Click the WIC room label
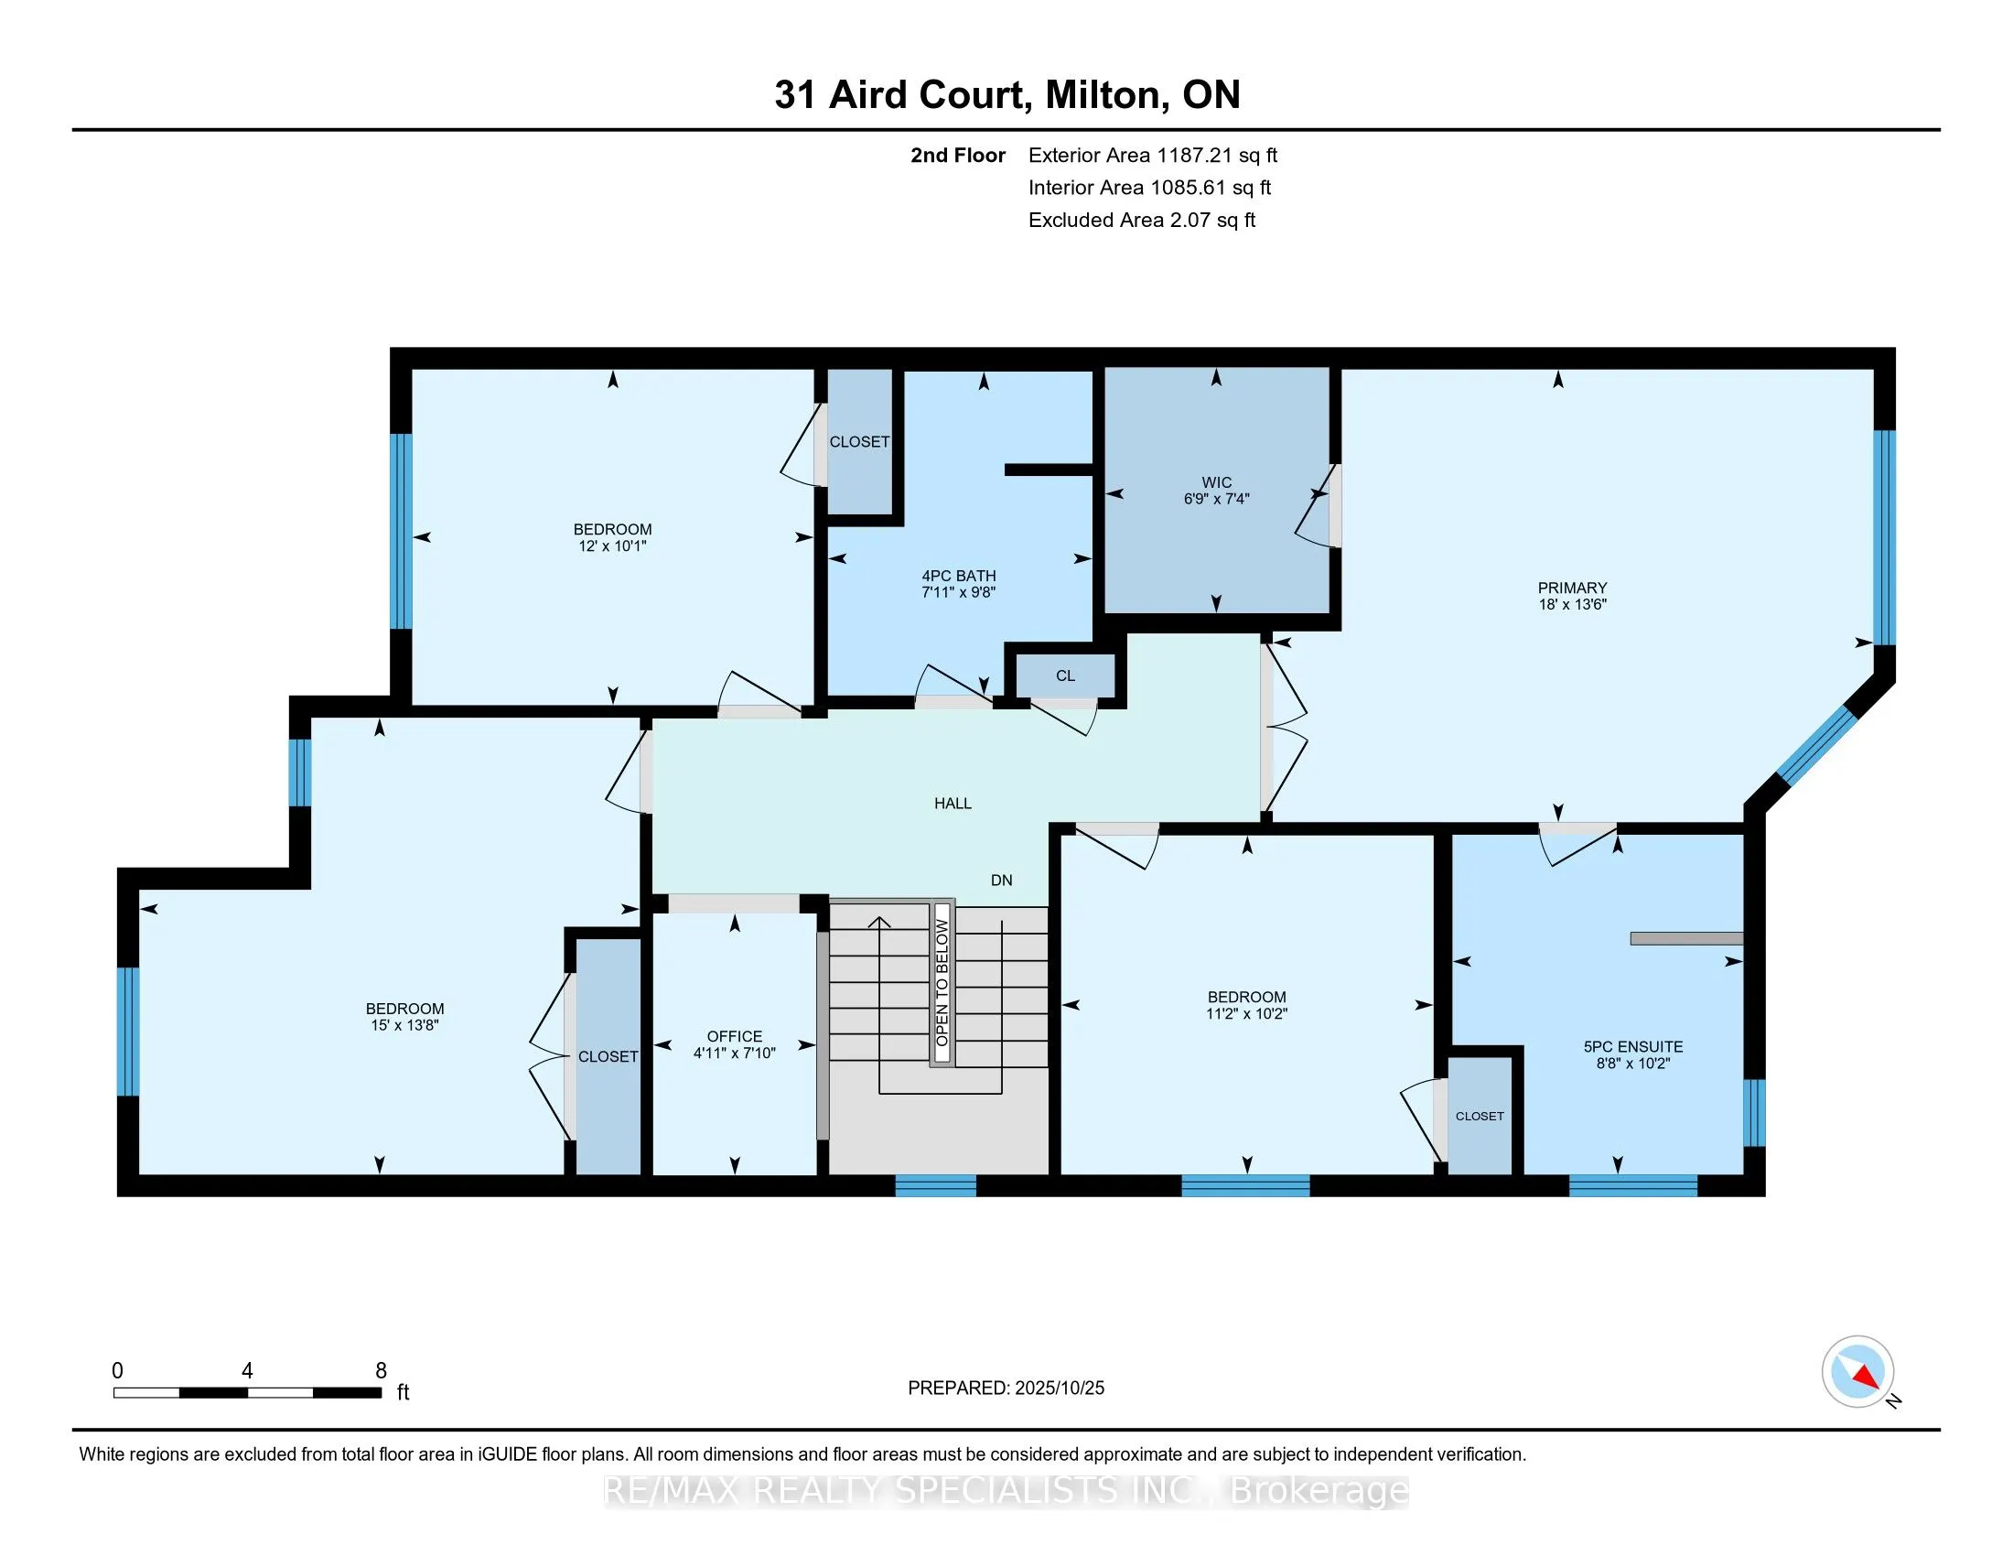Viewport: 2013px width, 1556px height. tap(1216, 482)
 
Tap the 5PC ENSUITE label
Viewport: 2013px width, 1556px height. tap(1633, 1046)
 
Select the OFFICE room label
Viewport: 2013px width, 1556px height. tap(734, 1036)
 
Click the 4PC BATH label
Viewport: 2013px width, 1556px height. tap(959, 575)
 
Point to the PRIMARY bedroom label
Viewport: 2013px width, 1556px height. tap(1571, 589)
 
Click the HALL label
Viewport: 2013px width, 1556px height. tap(953, 804)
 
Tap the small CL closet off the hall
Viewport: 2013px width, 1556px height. tap(1064, 675)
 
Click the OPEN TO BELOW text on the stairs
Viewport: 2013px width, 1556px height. tap(941, 984)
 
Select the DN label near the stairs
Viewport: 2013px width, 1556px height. tap(1001, 881)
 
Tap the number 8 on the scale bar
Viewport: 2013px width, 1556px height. tap(381, 1371)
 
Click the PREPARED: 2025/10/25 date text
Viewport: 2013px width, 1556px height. tap(1006, 1389)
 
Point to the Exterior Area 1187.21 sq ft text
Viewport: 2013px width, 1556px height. tap(1152, 155)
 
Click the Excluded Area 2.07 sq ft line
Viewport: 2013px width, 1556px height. tap(1141, 220)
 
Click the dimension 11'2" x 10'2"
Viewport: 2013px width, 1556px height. tap(1246, 1014)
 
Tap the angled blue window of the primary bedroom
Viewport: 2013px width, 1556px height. tap(1815, 745)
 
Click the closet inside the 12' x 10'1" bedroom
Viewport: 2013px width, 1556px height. tap(859, 442)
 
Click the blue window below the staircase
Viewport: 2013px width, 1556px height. tap(935, 1186)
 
